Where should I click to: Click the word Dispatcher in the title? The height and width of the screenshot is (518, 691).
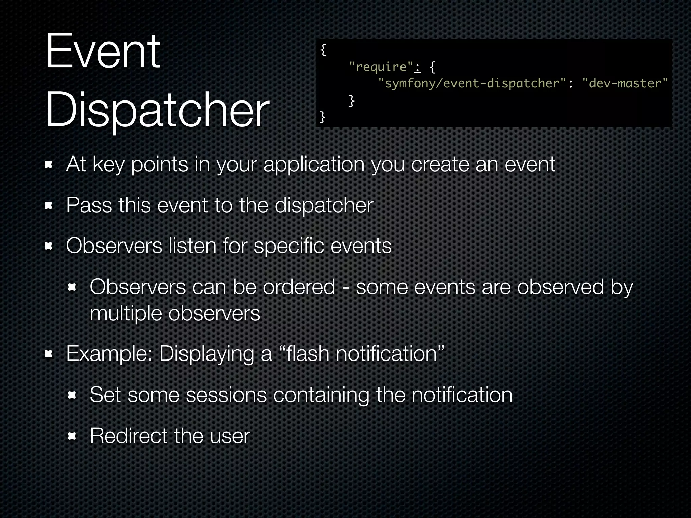coord(157,111)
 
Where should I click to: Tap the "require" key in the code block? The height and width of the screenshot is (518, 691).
coord(381,67)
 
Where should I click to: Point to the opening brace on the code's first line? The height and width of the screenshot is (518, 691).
coord(323,50)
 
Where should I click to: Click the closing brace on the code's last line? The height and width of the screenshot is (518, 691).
coord(322,117)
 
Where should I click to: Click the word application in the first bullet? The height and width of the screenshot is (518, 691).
coord(314,165)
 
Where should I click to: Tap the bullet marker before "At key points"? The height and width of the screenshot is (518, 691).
coord(49,165)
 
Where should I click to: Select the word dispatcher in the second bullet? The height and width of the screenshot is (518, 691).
coord(324,205)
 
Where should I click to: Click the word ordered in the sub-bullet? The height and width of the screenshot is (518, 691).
coord(299,287)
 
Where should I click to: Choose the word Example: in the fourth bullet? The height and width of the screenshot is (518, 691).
coord(110,354)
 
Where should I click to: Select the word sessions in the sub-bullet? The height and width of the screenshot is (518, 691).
coord(226,395)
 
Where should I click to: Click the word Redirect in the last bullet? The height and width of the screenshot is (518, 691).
coord(129,436)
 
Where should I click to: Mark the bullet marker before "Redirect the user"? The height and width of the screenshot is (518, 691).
coord(72,437)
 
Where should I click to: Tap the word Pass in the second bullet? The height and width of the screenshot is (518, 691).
coord(89,205)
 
